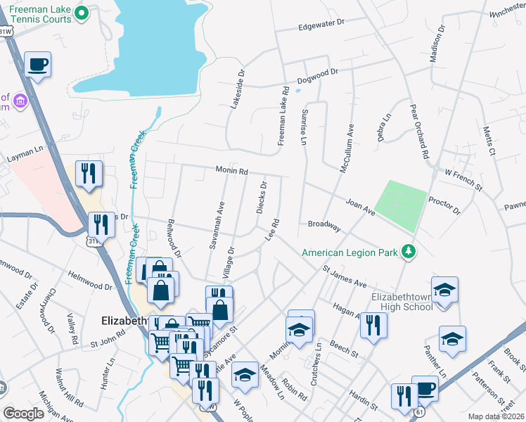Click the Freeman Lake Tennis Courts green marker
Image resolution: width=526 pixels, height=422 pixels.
82,12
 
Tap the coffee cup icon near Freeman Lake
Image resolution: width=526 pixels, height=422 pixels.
37,65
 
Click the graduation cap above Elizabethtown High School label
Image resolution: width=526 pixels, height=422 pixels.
444,290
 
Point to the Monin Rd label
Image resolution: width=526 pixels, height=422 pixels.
231,171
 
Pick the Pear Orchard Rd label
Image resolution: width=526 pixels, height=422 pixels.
419,134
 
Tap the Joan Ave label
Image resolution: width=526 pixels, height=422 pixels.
360,206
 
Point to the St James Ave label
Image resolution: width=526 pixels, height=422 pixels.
345,277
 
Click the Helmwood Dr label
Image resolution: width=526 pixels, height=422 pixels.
89,280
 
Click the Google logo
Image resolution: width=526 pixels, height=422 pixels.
23,414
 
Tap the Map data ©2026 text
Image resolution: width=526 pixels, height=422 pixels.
496,416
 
